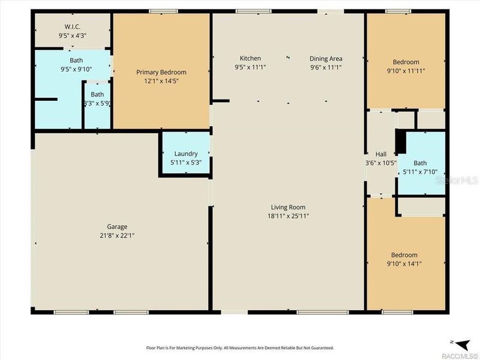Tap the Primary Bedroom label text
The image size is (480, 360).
(161, 72)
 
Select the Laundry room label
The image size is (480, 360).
(185, 154)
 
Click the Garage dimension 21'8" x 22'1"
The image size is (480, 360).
(117, 236)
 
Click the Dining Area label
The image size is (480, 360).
(326, 58)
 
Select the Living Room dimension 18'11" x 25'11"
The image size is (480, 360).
(289, 216)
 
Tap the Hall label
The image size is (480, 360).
(380, 154)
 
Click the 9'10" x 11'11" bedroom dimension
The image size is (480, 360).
(406, 71)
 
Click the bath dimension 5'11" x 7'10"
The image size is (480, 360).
(420, 172)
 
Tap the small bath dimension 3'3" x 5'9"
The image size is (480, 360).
(97, 103)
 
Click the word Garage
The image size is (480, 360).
(117, 227)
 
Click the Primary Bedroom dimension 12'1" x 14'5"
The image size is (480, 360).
(161, 80)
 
